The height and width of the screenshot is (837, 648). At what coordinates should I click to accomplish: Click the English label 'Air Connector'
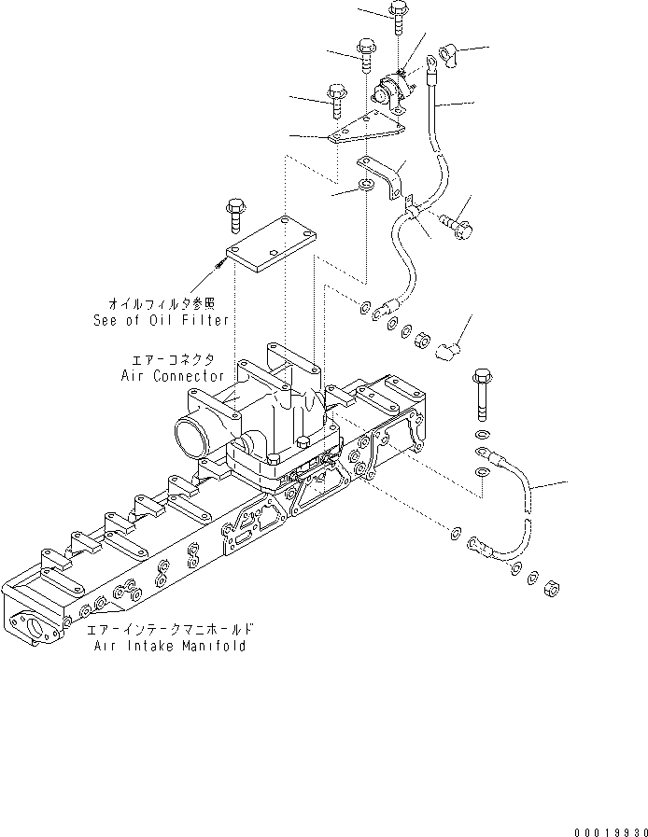click(x=172, y=375)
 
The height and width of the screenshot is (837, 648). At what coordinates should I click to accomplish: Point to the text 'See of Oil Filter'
click(x=161, y=318)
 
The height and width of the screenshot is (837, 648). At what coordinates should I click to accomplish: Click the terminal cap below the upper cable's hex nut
click(x=448, y=352)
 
